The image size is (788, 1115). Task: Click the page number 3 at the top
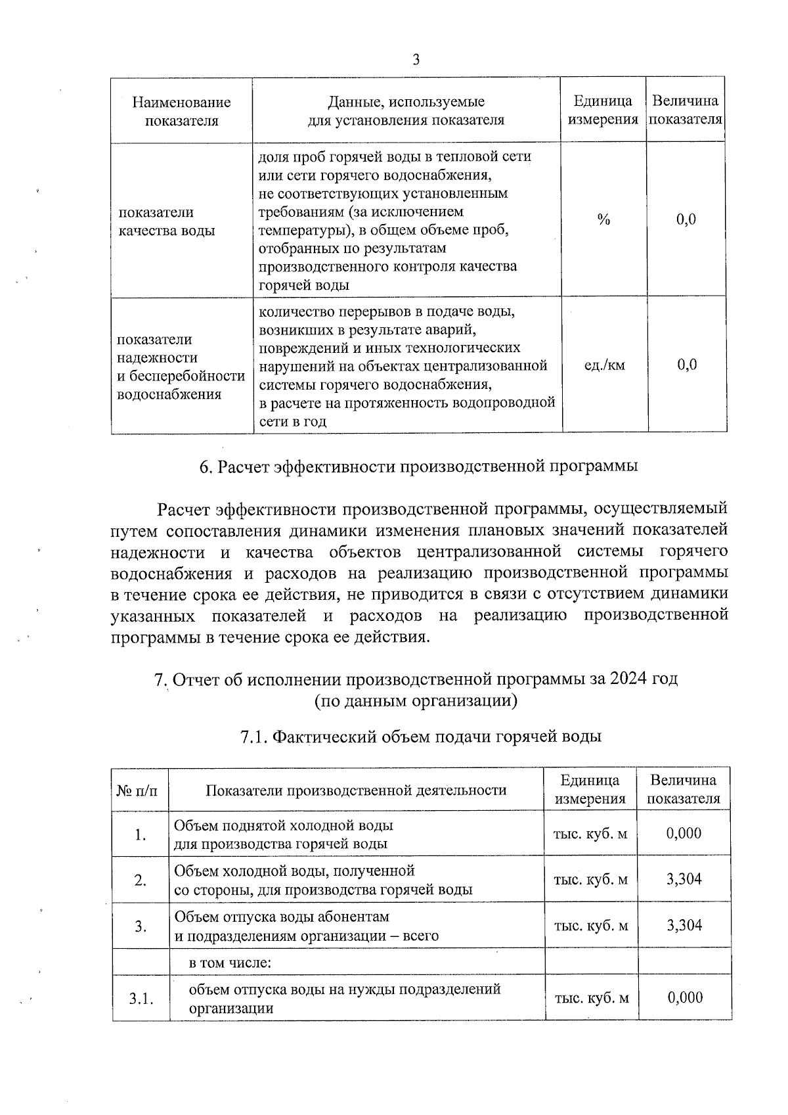click(416, 60)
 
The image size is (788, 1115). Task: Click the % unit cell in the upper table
click(603, 220)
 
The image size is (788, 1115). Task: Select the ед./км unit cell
click(604, 365)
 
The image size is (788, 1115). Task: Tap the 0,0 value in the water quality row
click(686, 220)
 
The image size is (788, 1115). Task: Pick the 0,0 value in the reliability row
click(687, 365)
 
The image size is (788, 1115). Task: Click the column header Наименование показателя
click(182, 111)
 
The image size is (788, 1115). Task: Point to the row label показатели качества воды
click(167, 221)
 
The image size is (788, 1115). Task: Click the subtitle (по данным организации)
click(416, 701)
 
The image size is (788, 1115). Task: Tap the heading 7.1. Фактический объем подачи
click(421, 737)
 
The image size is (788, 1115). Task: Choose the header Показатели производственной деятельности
click(356, 790)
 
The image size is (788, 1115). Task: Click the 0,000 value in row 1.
click(684, 833)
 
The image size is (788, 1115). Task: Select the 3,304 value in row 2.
click(684, 879)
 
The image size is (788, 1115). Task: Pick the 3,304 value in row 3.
click(684, 925)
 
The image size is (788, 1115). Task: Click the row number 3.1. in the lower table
click(141, 999)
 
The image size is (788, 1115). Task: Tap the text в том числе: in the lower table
click(230, 963)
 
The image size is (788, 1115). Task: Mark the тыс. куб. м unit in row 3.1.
click(592, 998)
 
